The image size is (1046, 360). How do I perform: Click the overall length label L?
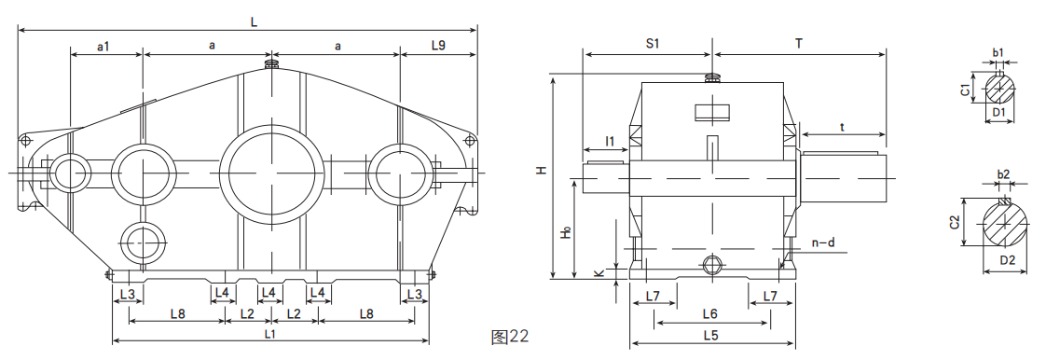(254, 21)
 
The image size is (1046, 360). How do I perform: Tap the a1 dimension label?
(103, 46)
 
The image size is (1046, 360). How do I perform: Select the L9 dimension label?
(438, 46)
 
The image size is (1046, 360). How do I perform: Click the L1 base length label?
(270, 333)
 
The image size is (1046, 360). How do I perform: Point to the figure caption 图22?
(510, 337)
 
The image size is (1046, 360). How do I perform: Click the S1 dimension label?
(653, 44)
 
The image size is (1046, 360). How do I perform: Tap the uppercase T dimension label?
(799, 44)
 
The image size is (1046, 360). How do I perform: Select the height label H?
(543, 171)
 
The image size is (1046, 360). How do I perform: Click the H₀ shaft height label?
(566, 232)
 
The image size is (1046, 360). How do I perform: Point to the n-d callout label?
(823, 243)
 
